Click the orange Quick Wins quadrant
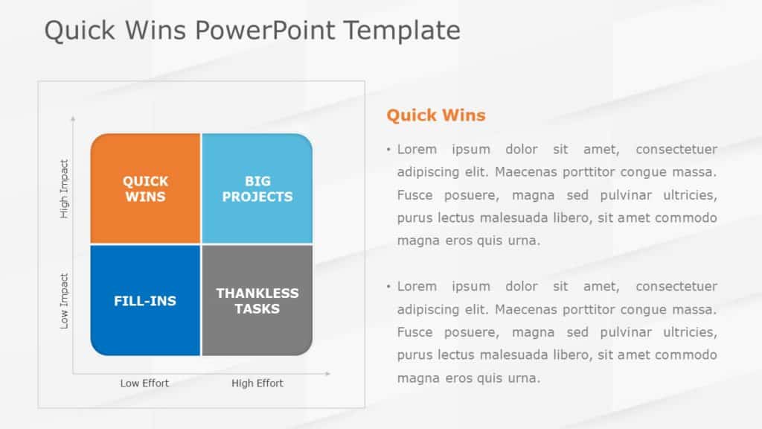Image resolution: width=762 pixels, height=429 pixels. (145, 188)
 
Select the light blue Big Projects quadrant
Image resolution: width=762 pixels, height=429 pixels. (257, 188)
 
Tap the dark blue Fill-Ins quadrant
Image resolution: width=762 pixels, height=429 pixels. (145, 301)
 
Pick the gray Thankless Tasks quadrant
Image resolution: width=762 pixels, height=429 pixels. (257, 301)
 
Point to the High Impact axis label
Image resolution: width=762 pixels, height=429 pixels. (64, 189)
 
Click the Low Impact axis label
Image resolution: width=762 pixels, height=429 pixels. (64, 302)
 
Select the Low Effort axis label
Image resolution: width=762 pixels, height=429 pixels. (144, 383)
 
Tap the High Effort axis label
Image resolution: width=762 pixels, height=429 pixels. (257, 383)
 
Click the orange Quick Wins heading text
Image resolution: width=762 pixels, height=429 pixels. (435, 115)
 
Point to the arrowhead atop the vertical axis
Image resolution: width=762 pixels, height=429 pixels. (72, 118)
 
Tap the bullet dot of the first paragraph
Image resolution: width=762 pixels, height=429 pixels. (388, 150)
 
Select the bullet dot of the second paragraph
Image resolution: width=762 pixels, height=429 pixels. (388, 287)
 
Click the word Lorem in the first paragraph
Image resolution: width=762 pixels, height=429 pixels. (417, 149)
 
